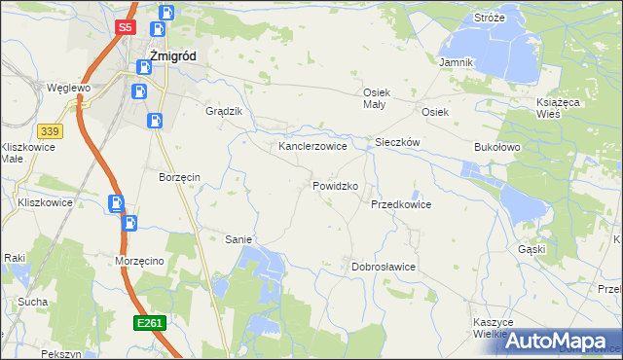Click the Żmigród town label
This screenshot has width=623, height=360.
172,56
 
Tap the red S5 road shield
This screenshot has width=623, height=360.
124,28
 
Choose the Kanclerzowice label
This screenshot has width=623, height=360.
312,146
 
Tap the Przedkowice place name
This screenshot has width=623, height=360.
400,205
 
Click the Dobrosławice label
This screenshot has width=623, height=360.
384,267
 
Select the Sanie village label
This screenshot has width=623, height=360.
239,239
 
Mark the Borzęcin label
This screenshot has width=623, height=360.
179,177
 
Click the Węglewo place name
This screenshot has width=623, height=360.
68,88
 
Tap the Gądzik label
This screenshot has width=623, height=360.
223,111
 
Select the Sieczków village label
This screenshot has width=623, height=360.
397,142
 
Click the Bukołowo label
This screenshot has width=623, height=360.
498,146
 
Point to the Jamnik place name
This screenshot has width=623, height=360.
456,62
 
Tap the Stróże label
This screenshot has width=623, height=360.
490,18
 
